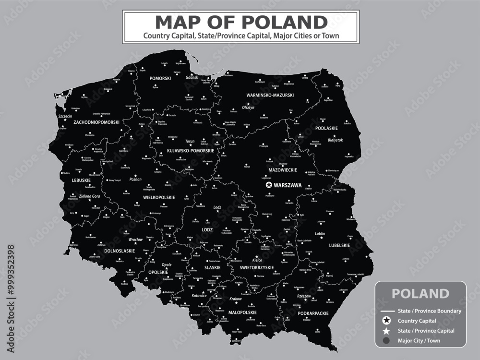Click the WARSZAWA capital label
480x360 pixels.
(x=288, y=185)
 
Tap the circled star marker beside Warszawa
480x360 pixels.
(x=269, y=185)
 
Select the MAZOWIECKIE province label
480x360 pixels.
(x=283, y=170)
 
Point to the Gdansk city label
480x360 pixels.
(x=192, y=77)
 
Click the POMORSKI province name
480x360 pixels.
(x=161, y=78)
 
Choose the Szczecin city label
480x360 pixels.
(x=65, y=116)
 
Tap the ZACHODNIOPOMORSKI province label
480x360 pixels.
(x=96, y=122)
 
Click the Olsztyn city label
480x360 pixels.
(x=248, y=108)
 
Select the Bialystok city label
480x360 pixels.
(x=335, y=140)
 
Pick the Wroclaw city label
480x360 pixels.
(x=135, y=239)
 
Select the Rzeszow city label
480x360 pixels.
(x=304, y=296)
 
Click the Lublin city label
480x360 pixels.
(x=320, y=234)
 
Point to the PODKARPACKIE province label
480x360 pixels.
(x=313, y=313)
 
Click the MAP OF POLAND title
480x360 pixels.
(x=241, y=22)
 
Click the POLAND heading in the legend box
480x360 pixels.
(x=420, y=293)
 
